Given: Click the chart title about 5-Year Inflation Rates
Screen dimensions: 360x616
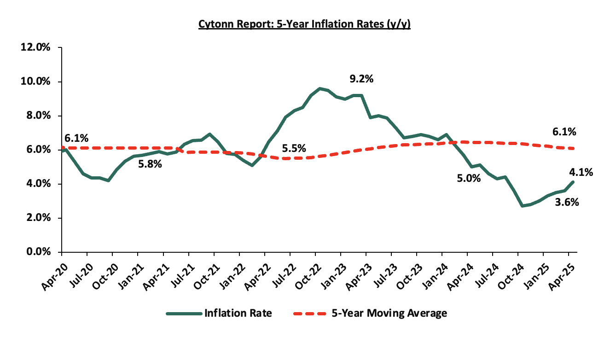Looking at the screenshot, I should (304, 24).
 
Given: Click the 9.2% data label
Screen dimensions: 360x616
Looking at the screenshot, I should (361, 79).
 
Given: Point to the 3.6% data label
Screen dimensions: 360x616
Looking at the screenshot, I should (567, 202).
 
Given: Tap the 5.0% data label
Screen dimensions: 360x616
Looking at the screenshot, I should (468, 178).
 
